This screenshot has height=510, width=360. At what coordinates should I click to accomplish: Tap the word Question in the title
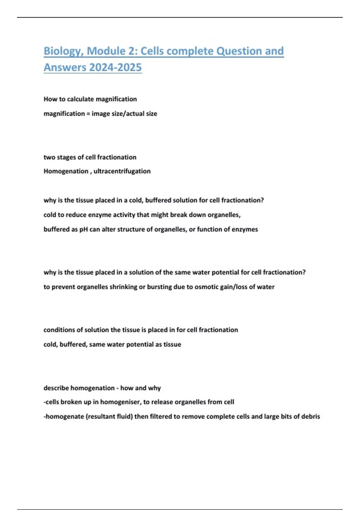pos(239,51)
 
